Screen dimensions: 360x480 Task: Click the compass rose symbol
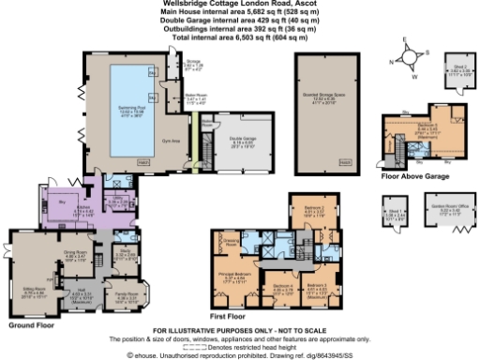[x=410, y=56]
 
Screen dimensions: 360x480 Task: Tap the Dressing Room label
[x=231, y=217]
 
